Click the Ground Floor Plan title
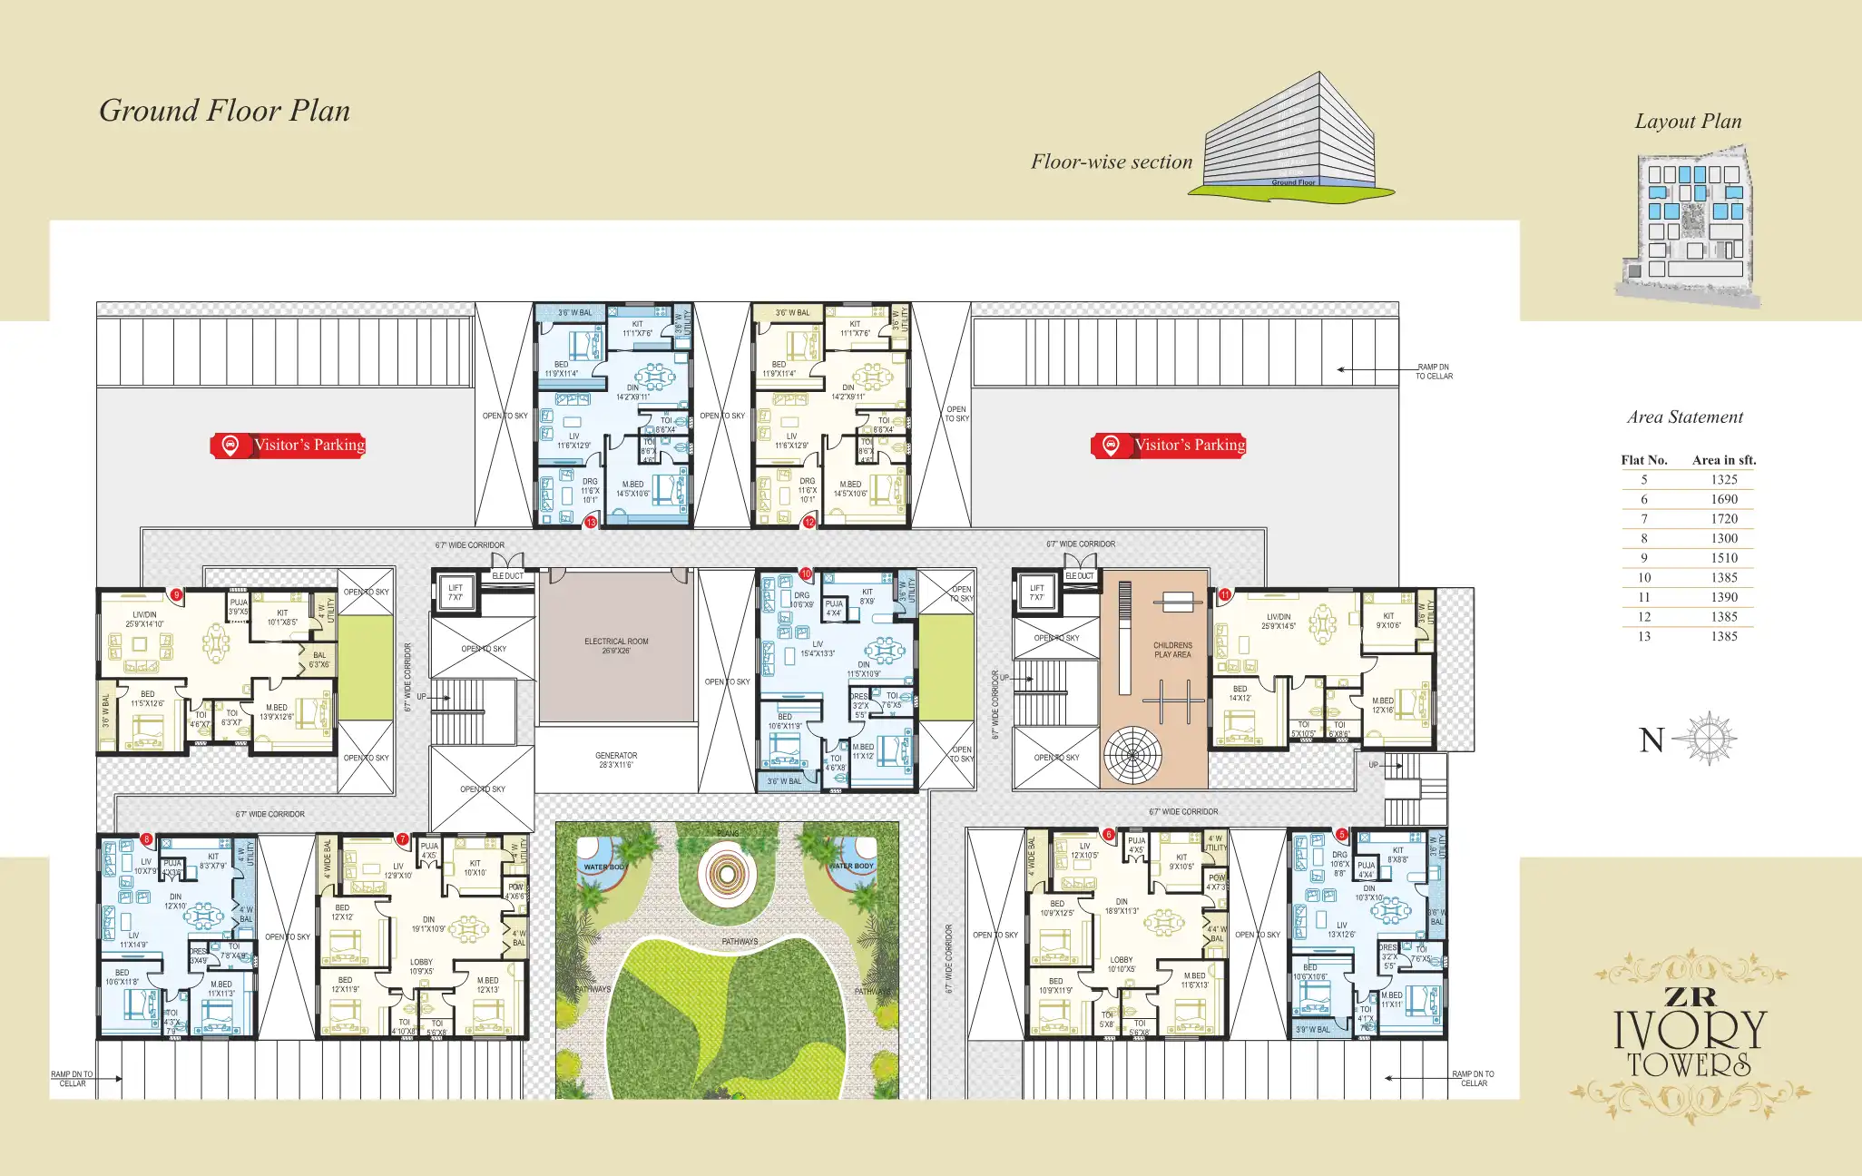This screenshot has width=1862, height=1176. [224, 111]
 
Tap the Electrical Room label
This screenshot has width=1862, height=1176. [616, 645]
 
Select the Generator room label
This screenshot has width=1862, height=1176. [616, 759]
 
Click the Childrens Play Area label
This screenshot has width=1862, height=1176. [1172, 650]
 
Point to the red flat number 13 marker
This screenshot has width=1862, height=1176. [591, 522]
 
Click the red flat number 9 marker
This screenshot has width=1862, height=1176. [177, 595]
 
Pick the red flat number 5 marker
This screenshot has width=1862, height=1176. [1341, 834]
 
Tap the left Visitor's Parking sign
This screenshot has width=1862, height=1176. [289, 445]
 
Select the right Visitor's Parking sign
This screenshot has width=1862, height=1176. [1169, 445]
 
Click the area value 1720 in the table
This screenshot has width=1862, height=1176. [1724, 519]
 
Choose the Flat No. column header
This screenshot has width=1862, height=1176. [1644, 460]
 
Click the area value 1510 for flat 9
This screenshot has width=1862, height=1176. [1724, 558]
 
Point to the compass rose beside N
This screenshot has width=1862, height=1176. [1707, 739]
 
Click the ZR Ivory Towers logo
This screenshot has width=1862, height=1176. [1690, 1034]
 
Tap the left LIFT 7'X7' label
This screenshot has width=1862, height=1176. [455, 593]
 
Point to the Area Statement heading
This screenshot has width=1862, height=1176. [1684, 417]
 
